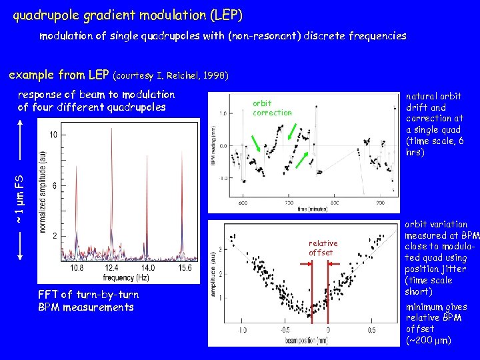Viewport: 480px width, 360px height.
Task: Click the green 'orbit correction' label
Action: (272, 108)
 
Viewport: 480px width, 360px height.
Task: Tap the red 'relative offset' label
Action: (323, 248)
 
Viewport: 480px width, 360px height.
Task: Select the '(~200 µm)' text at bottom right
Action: (429, 341)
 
